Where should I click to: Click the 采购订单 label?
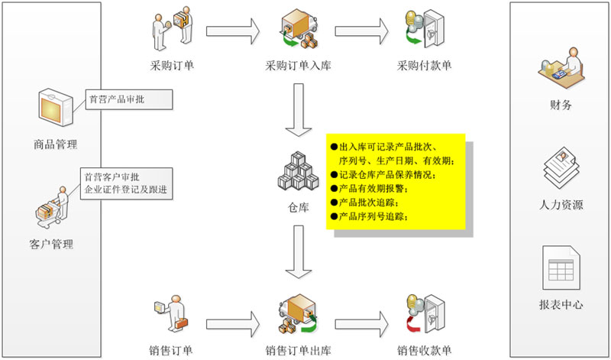tap(173, 65)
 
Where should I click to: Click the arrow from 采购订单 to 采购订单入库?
tap(233, 30)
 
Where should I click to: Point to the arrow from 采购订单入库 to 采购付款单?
tap(361, 30)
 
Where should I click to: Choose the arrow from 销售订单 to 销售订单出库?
tap(233, 316)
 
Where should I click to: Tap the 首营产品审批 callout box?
tap(128, 99)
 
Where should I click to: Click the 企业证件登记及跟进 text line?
tap(125, 190)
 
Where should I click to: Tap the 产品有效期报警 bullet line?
tap(375, 189)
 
